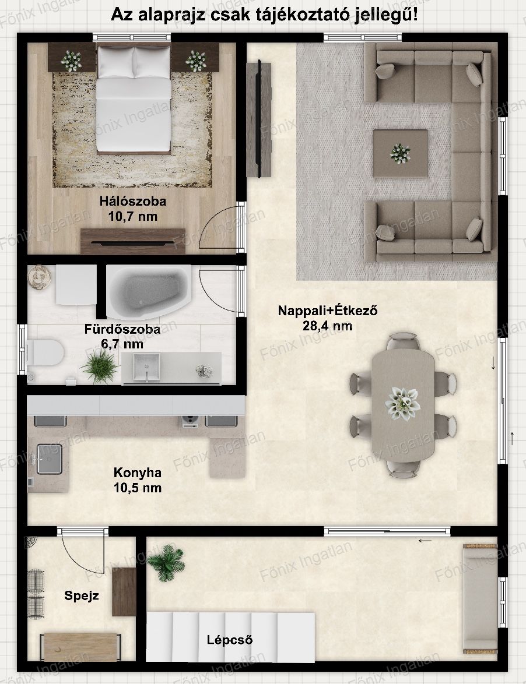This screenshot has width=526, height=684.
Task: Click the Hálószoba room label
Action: pyautogui.click(x=133, y=201)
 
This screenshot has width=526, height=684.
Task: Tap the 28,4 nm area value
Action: pyautogui.click(x=327, y=326)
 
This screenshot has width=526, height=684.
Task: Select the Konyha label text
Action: pyautogui.click(x=138, y=473)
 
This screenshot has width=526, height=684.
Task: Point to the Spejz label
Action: pyautogui.click(x=82, y=596)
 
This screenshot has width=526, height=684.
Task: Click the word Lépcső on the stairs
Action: pyautogui.click(x=230, y=640)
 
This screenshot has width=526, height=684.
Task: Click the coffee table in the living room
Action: pyautogui.click(x=400, y=153)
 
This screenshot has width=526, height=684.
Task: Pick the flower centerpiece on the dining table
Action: pyautogui.click(x=402, y=404)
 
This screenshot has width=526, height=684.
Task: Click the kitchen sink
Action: pyautogui.click(x=49, y=459)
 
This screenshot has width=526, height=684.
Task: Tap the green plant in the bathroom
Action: pyautogui.click(x=100, y=365)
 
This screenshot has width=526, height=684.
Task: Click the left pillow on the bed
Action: pyautogui.click(x=115, y=62)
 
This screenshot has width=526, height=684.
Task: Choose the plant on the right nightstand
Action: pyautogui.click(x=195, y=61)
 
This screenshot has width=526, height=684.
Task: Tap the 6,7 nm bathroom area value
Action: pyautogui.click(x=122, y=344)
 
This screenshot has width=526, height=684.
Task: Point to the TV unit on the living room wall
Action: pyautogui.click(x=259, y=118)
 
